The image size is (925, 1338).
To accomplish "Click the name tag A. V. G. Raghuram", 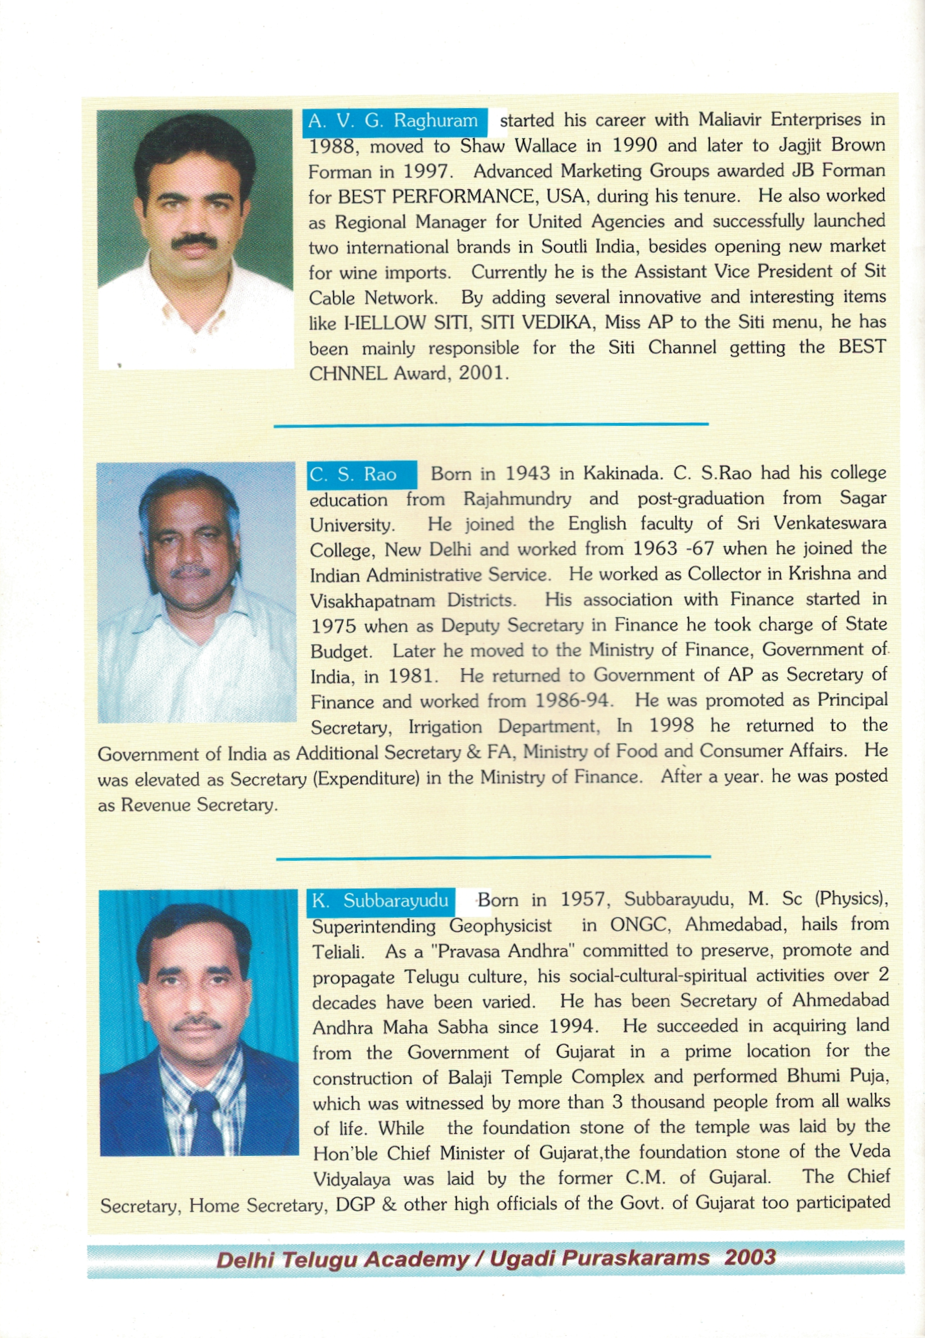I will click(x=394, y=121).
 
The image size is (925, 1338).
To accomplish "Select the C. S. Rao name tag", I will click(x=361, y=474).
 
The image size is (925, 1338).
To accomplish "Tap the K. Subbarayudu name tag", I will click(x=381, y=901).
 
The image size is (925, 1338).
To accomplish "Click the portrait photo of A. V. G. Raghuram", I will click(x=195, y=238).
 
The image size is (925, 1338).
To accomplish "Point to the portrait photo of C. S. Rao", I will click(x=196, y=592).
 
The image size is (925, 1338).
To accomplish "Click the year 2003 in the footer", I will click(x=750, y=1257).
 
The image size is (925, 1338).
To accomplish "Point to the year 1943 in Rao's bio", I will click(x=527, y=473).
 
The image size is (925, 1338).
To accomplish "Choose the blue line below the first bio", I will click(x=491, y=424).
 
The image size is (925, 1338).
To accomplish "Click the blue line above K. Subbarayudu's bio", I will click(x=493, y=857).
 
